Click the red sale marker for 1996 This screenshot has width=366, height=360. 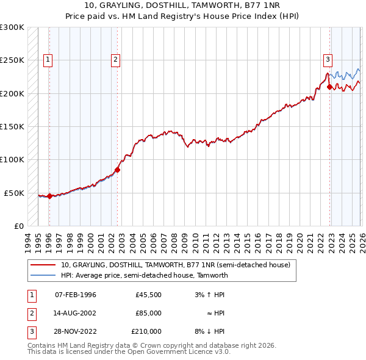[49, 196]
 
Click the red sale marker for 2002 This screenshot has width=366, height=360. [118, 170]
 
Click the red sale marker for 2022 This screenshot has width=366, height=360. [329, 87]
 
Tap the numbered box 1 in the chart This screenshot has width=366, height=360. [48, 60]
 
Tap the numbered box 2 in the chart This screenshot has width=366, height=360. [115, 60]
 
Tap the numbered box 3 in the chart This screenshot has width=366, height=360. [328, 60]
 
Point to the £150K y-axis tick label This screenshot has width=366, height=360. [12, 127]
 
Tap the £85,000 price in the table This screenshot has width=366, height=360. [148, 313]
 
